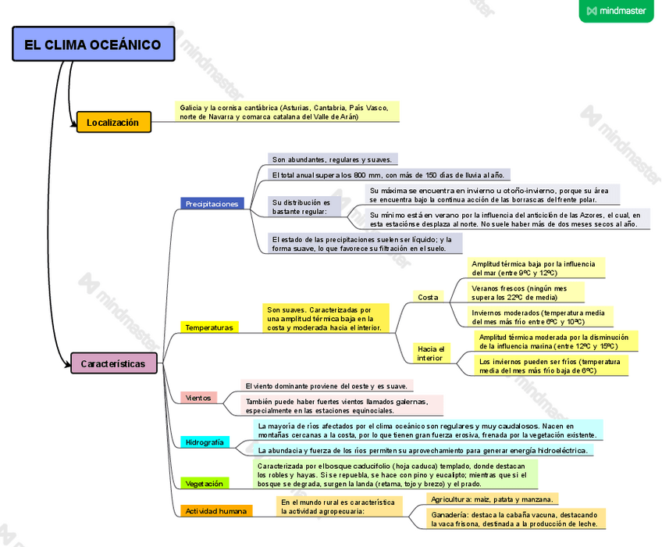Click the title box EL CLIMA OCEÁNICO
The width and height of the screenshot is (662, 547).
(x=92, y=45)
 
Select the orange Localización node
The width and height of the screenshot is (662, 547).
(x=113, y=122)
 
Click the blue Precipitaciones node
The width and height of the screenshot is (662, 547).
(x=212, y=204)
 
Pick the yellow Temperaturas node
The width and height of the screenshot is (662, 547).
(x=209, y=327)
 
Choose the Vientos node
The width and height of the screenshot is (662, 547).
(x=198, y=398)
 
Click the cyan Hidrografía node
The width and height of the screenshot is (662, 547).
(x=205, y=442)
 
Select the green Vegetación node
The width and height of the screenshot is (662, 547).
(x=205, y=484)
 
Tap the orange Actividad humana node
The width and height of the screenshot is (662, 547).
(x=216, y=511)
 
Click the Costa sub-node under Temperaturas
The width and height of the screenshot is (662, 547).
(x=428, y=297)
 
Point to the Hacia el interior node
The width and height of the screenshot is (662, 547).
(x=430, y=353)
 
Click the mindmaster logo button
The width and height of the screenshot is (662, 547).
(x=616, y=11)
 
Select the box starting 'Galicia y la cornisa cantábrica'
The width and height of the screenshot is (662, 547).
(x=287, y=111)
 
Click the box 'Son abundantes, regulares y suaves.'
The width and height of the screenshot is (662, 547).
(x=333, y=159)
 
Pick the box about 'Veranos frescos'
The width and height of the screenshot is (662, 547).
(x=525, y=292)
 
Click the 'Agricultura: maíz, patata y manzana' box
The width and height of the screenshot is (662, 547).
(x=492, y=499)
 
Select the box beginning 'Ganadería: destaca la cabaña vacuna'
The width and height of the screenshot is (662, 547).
(x=515, y=519)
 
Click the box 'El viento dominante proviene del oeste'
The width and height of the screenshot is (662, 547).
(x=326, y=386)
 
